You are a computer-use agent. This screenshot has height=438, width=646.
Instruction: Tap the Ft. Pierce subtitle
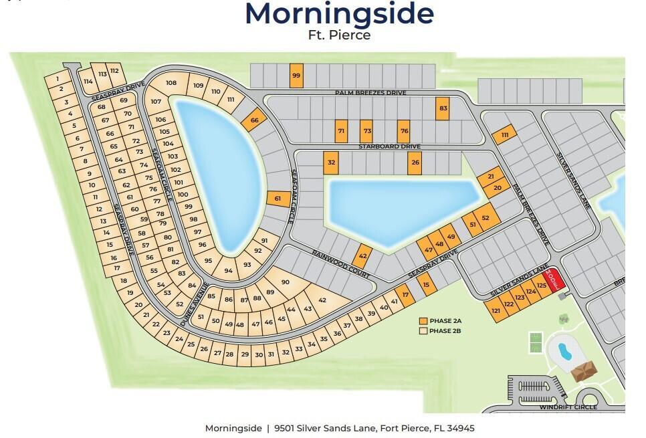pos(339,35)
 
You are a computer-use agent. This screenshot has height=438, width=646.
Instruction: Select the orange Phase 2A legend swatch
pos(423,321)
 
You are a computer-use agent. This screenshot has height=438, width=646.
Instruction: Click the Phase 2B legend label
pos(446,331)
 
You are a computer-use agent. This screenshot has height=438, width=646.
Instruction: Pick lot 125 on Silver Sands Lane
pos(542,286)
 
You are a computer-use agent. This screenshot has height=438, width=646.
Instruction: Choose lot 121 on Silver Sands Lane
pos(496,311)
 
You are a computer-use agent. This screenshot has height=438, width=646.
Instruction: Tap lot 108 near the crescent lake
pos(171,83)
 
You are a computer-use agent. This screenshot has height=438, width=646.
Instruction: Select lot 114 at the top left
pos(88,81)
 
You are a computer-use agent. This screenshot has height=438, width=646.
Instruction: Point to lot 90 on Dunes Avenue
pos(285,282)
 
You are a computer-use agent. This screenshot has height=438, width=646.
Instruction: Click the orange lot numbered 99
pos(296,76)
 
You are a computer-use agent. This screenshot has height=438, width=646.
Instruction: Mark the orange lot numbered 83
pos(442,108)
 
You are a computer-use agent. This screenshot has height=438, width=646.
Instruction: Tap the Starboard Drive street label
pos(398,146)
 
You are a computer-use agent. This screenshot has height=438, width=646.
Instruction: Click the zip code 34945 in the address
pos(460,428)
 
